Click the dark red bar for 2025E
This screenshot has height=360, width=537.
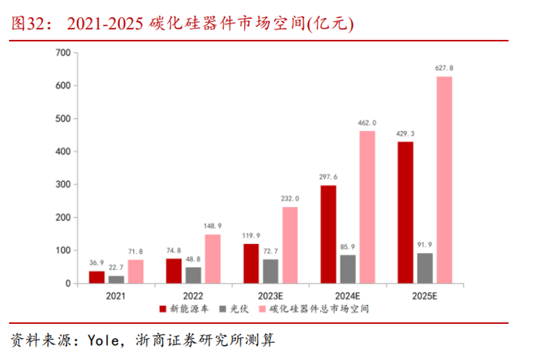click(x=405, y=212)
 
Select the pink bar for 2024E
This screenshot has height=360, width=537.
click(x=367, y=207)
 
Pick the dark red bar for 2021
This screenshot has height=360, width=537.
click(x=97, y=277)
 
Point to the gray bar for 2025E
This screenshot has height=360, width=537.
click(x=425, y=268)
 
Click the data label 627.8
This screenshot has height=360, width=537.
click(x=444, y=68)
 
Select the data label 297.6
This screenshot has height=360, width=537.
click(x=328, y=177)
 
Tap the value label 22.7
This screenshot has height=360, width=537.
click(x=116, y=267)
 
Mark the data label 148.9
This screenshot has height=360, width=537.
click(x=213, y=226)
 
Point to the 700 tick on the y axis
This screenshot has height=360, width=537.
click(x=63, y=52)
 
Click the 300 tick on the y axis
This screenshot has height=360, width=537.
click(x=63, y=185)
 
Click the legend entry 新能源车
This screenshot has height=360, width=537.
click(x=185, y=309)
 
